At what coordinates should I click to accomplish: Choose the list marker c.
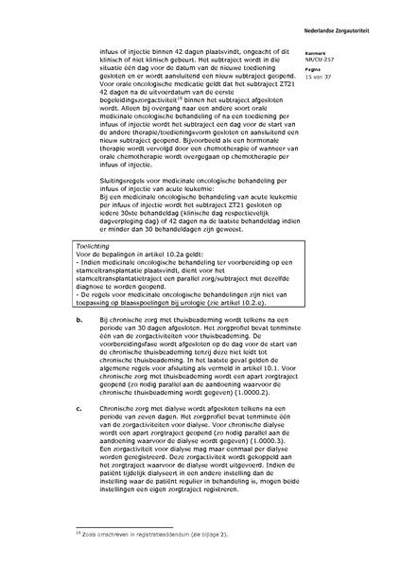click(77, 409)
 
